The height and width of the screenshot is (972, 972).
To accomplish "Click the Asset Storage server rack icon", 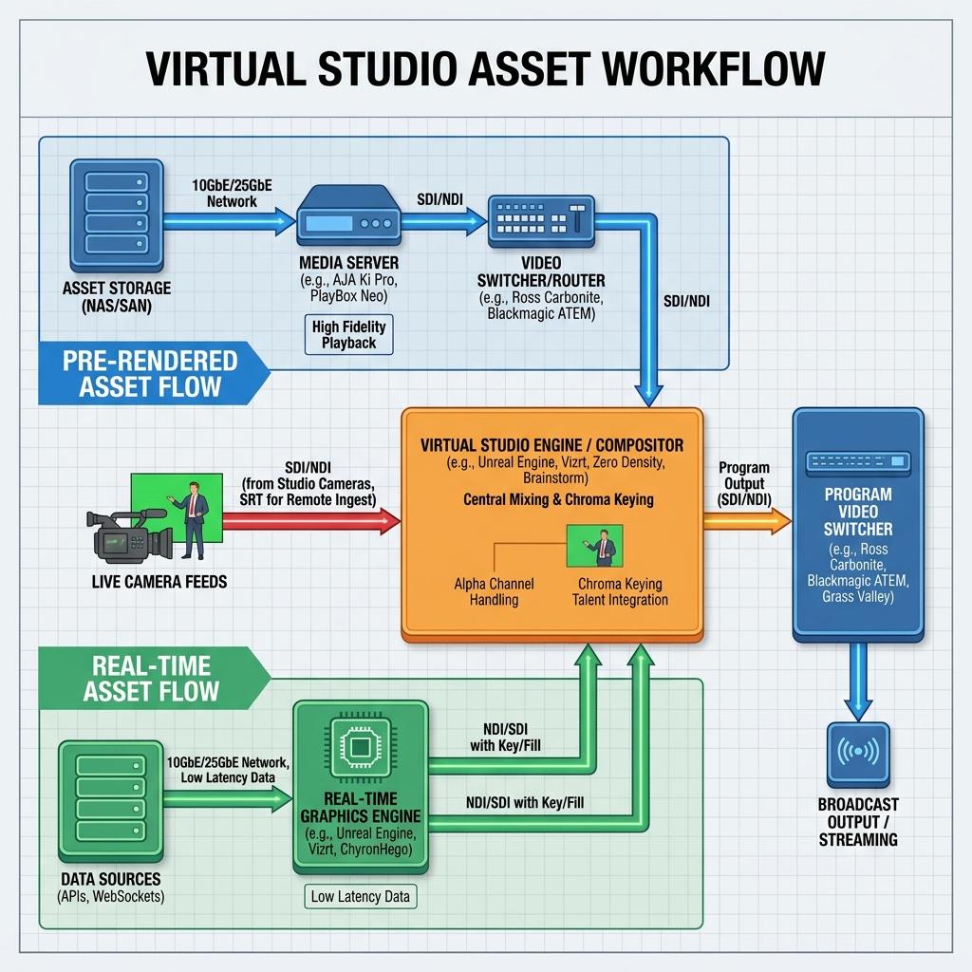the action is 117,215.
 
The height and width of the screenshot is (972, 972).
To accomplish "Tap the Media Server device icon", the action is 348,215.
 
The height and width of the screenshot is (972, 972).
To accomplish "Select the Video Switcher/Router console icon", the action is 541,221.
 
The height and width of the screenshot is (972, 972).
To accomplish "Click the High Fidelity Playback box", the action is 349,335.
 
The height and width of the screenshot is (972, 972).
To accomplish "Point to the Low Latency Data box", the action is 360,896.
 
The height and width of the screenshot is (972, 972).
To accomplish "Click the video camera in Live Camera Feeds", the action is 130,535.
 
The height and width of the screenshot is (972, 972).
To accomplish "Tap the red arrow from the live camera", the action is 311,521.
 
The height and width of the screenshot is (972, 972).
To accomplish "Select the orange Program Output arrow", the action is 747,521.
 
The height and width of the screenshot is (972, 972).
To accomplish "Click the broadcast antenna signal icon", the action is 858,752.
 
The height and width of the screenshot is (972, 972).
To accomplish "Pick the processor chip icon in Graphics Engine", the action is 360,747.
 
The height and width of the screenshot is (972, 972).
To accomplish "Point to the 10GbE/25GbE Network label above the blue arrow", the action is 232,194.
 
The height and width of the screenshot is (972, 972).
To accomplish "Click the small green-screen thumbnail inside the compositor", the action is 594,546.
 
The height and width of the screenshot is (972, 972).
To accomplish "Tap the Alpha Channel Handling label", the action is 494,591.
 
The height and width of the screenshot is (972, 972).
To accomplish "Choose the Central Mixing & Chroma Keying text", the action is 558,499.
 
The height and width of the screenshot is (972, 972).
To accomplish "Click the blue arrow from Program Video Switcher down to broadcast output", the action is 858,682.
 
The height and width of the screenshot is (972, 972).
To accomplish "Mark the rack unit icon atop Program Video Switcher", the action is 858,462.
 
